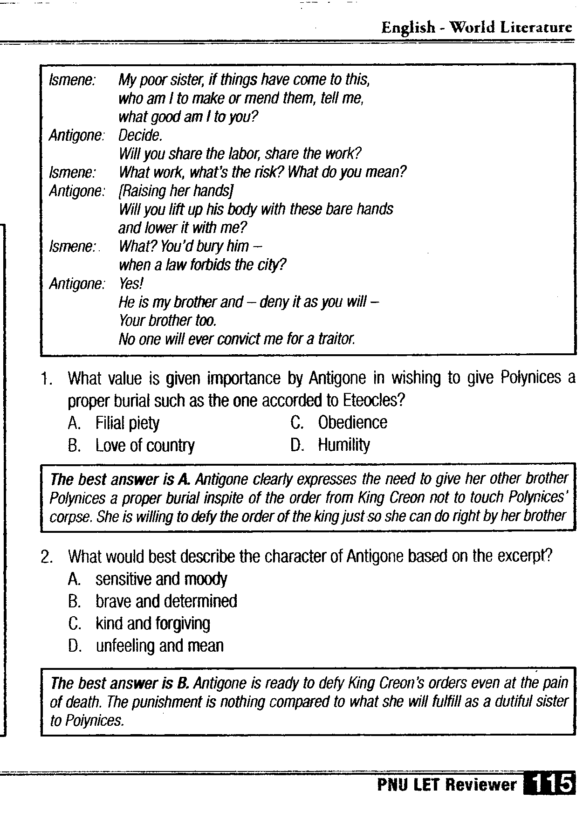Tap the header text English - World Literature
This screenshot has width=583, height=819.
point(476,28)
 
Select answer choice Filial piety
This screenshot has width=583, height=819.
point(127,423)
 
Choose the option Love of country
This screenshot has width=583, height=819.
point(145,446)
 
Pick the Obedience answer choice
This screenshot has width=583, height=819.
point(352,422)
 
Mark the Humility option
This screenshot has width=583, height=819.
point(344,445)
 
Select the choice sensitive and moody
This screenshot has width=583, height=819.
point(161,579)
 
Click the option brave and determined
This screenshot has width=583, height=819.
point(166,601)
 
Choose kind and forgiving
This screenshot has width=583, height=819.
point(153,624)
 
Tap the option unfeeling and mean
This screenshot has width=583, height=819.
point(159,646)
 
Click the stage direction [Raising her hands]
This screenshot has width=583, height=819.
point(176,191)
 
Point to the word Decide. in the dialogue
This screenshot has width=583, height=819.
point(140,136)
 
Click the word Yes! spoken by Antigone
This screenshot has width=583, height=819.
point(131,283)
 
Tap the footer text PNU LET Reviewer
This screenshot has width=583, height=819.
point(446,785)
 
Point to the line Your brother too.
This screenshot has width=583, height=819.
point(168,321)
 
